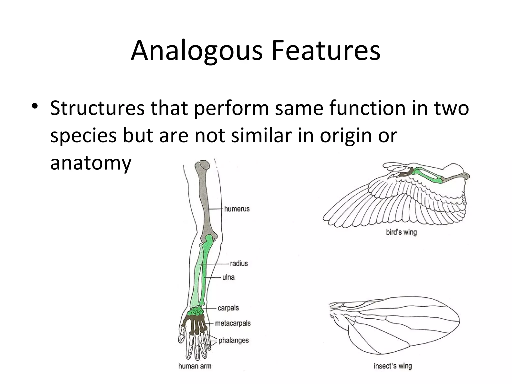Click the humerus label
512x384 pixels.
click(236, 209)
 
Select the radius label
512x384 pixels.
click(239, 263)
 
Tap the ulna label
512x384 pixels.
click(228, 277)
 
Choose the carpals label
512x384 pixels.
click(228, 308)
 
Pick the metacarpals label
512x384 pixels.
click(233, 323)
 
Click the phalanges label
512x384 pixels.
click(233, 340)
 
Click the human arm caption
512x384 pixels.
click(195, 366)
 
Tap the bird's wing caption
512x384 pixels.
click(401, 232)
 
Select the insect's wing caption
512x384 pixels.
click(392, 366)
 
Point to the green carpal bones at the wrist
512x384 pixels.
click(196, 311)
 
